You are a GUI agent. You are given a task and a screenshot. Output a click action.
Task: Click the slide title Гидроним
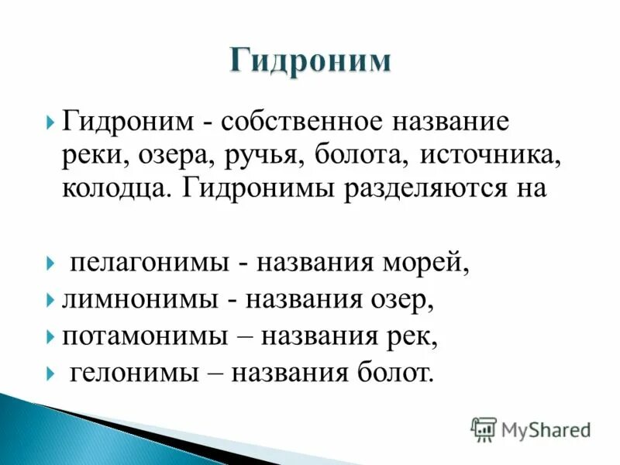[x=310, y=61]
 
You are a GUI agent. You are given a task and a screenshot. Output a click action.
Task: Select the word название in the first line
[x=449, y=122]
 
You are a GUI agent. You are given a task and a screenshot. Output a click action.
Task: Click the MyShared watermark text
[x=546, y=429]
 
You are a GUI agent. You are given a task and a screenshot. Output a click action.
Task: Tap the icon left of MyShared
[x=484, y=429]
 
